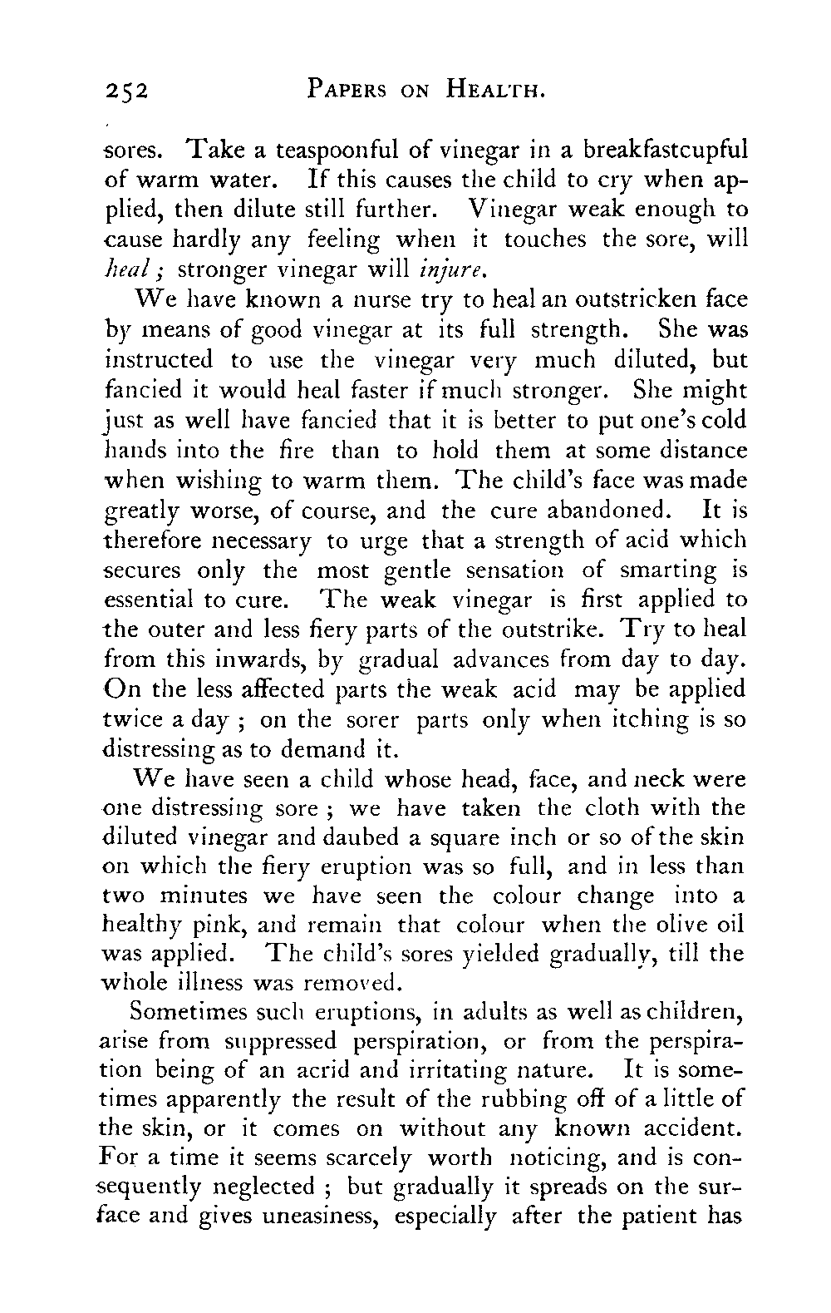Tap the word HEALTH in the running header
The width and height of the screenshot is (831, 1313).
[x=486, y=87]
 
